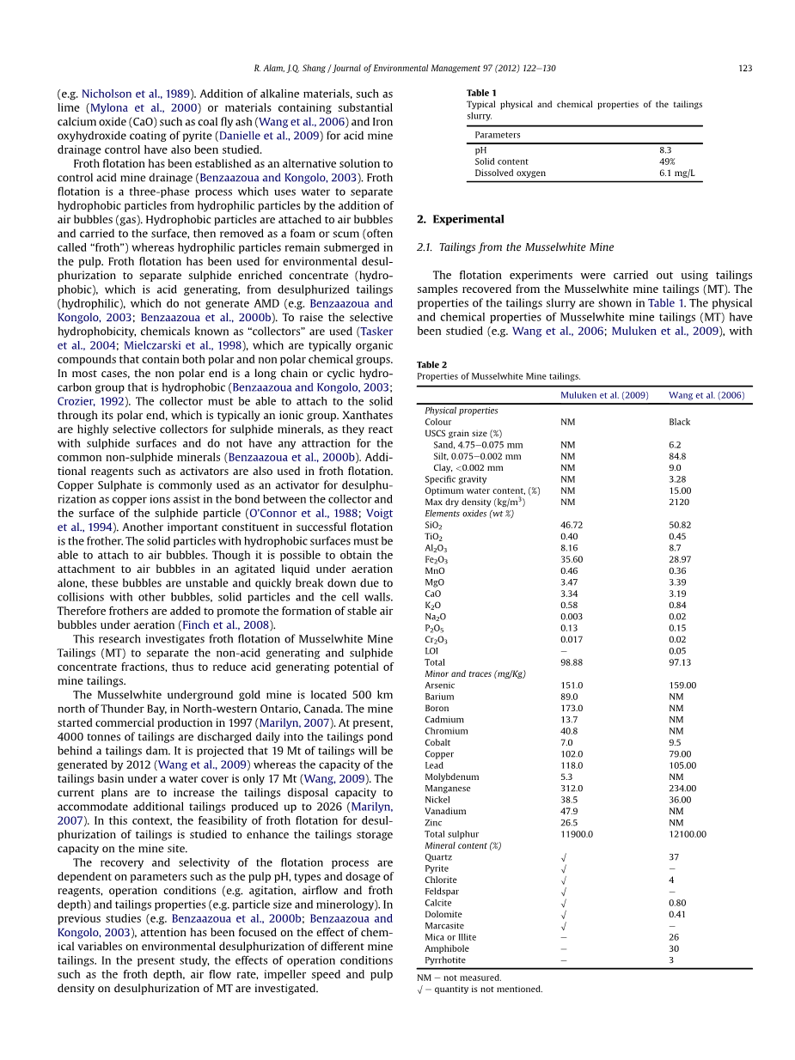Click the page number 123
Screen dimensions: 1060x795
pos(745,68)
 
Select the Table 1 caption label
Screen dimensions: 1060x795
pos(481,93)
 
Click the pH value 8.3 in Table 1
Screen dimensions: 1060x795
pos(665,150)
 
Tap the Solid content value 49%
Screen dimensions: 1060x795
pos(667,161)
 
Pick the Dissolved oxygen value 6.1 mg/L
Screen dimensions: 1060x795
pos(676,174)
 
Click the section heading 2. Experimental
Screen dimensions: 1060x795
pos(460,219)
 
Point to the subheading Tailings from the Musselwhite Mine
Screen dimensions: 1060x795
pos(526,247)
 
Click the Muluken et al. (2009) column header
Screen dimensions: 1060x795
pos(604,395)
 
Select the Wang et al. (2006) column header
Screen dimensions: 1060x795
pos(706,395)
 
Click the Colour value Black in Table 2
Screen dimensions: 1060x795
pos(679,422)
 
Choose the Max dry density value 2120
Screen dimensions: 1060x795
pos(679,503)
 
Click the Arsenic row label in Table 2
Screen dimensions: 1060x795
pos(439,685)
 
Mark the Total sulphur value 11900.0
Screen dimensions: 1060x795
pos(576,834)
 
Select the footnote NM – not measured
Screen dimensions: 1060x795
pos(459,978)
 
